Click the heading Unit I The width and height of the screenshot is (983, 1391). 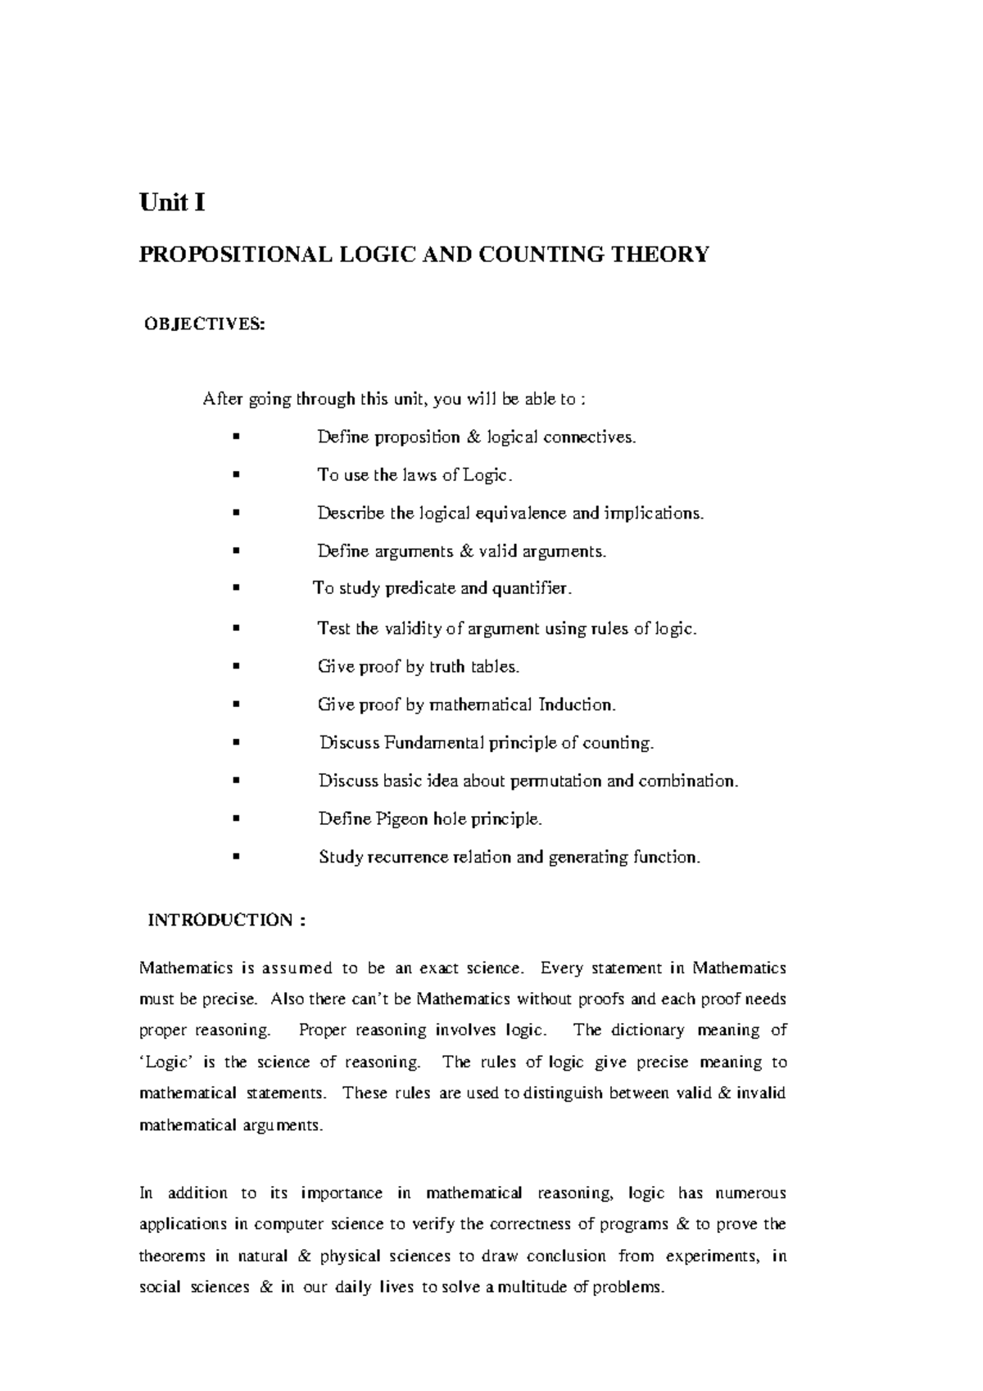[x=171, y=202]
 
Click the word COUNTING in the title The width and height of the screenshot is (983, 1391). [x=544, y=255]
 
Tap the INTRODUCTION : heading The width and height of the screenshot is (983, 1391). [x=226, y=919]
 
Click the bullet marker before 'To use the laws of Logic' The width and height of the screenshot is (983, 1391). [x=236, y=474]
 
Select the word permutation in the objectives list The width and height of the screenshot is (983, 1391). [x=556, y=781]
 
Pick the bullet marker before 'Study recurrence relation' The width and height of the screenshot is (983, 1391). [x=236, y=857]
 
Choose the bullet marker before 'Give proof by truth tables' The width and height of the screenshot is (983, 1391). [x=236, y=666]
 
